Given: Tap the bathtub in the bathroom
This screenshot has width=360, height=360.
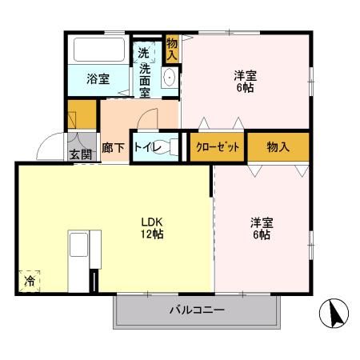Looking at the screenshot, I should click(x=98, y=50).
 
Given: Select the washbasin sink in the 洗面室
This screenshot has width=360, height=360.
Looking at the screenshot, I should click(x=170, y=78).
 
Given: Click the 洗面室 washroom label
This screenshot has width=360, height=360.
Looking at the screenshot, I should click(x=144, y=73).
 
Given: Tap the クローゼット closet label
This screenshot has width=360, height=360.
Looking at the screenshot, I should click(x=218, y=147).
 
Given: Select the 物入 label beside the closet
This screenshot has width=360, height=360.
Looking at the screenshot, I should click(x=277, y=147).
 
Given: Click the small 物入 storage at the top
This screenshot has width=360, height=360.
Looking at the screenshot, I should click(x=172, y=50).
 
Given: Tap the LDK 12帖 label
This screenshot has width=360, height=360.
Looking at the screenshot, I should click(x=153, y=227).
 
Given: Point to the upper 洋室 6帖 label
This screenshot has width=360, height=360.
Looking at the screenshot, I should click(x=246, y=82).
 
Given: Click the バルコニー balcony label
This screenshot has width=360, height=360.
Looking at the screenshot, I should click(x=197, y=310).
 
